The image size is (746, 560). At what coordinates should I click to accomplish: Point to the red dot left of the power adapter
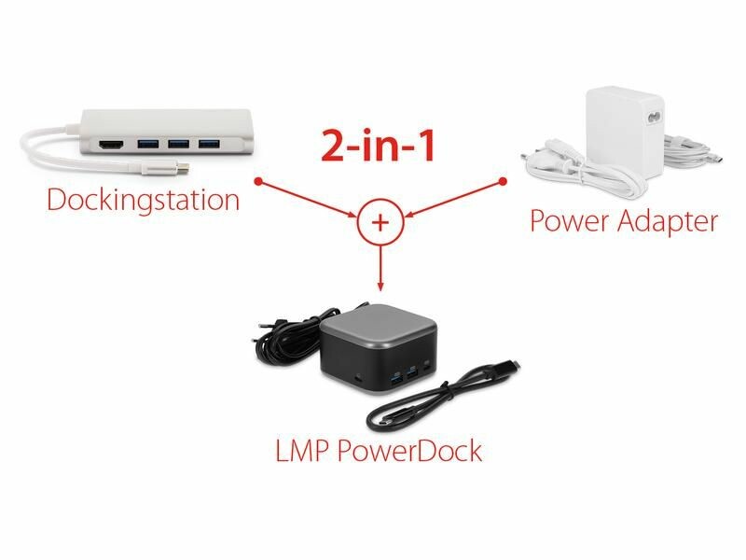tap(504, 181)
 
